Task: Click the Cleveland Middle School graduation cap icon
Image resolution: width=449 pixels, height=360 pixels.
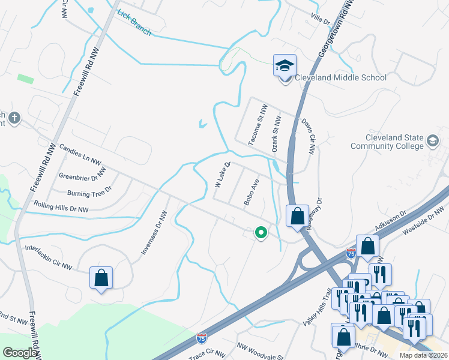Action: pos(285,66)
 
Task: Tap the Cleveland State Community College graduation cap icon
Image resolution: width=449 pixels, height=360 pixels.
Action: pos(432,142)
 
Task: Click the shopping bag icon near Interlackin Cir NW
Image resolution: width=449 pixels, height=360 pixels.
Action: pos(101,278)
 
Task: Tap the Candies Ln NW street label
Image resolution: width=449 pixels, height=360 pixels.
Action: pos(80,155)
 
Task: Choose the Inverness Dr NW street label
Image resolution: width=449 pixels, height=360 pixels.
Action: pos(153,232)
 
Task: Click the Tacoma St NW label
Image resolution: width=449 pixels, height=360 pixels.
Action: pos(256,124)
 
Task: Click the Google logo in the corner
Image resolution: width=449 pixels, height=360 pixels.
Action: pos(20,353)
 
